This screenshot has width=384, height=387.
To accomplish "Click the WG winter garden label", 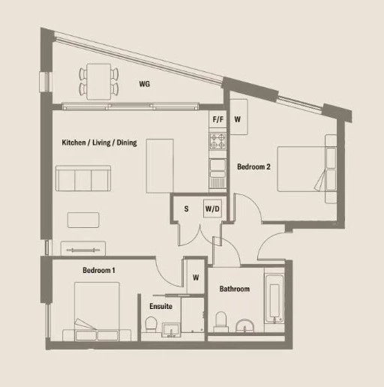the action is tap(145, 84).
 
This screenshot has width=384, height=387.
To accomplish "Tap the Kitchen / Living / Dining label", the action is tap(99, 142).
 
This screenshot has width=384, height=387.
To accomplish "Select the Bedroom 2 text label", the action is tap(253, 166).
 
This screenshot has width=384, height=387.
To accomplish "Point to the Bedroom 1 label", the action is tap(99, 270).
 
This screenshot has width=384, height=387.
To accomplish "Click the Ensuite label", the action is tap(160, 306).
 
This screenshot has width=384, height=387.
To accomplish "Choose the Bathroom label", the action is tap(235, 289).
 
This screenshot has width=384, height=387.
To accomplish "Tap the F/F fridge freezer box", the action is tap(217, 119).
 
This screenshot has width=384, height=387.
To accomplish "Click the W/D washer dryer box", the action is tap(212, 208).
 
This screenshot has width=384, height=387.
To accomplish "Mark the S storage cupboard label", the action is tap(186, 208).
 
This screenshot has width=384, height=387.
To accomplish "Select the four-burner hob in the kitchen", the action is tap(217, 141).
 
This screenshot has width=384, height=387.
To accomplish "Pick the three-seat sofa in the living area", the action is tap(83, 178).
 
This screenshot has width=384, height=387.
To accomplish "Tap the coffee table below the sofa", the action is tap(83, 220).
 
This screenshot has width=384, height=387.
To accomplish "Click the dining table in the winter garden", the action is tap(99, 82).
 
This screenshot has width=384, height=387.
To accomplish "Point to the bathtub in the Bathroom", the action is tap(274, 299).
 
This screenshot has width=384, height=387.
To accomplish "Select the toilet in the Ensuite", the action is tap(151, 324).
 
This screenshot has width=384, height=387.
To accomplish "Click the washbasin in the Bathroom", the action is tap(244, 325).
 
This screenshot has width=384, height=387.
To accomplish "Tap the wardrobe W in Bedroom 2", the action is tap(238, 117).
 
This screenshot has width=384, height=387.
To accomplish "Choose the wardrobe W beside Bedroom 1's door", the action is tap(196, 277).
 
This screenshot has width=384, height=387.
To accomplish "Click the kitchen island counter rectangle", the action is tap(160, 166).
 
